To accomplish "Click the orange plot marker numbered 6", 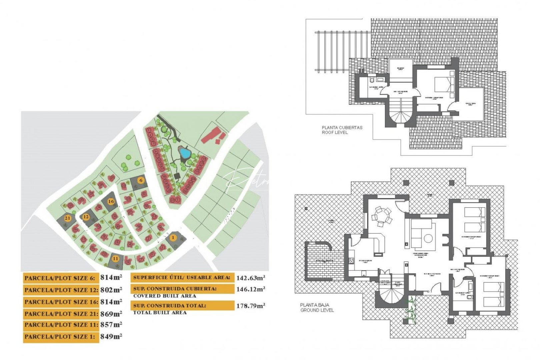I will click(x=141, y=180).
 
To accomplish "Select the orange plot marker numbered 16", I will click(x=111, y=201).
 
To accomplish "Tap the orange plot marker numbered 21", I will click(x=68, y=218).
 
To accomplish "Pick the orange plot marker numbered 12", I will click(x=86, y=217).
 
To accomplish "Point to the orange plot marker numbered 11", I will click(x=115, y=258).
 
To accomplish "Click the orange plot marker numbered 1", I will click(x=173, y=237).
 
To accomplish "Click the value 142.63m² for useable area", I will click(x=251, y=278).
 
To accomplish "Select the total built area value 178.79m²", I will click(x=251, y=306).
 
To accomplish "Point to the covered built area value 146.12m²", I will click(x=251, y=289).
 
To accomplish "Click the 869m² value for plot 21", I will click(x=111, y=314).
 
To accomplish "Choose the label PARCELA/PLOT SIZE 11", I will click(x=61, y=325).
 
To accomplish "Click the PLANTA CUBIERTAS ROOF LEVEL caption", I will click(x=342, y=130).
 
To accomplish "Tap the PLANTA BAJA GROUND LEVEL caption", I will click(x=317, y=307).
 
